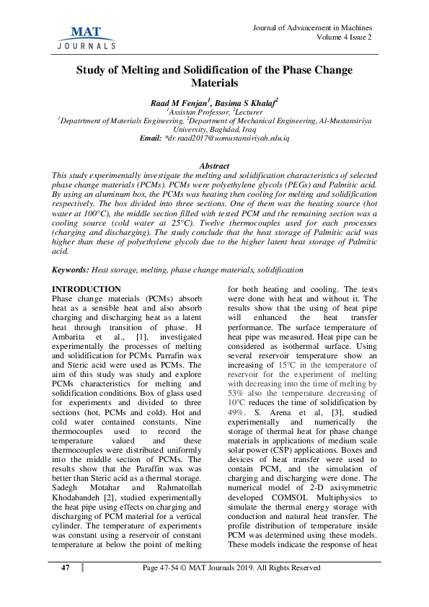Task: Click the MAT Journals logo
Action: (86, 36)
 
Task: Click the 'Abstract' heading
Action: (214, 166)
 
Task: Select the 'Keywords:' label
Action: (71, 269)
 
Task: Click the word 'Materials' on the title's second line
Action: (214, 84)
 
